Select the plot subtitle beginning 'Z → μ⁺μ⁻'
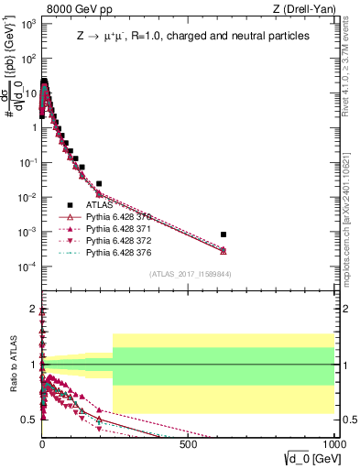(192, 36)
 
